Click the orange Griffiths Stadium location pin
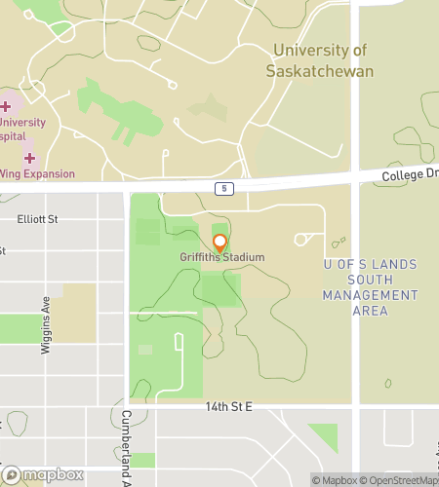click(x=220, y=243)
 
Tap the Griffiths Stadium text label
click(x=222, y=257)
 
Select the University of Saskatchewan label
click(x=320, y=60)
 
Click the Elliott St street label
click(x=37, y=220)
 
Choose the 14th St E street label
click(x=228, y=405)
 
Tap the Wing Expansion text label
click(x=38, y=174)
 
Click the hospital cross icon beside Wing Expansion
click(x=29, y=158)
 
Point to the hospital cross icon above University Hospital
click(x=6, y=105)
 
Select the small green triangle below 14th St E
click(x=325, y=434)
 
